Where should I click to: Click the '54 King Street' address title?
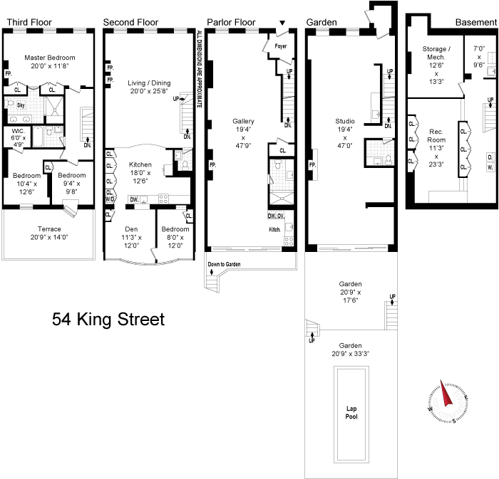click(x=108, y=320)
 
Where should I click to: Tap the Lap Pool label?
click(x=351, y=412)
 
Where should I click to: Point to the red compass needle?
click(x=446, y=394)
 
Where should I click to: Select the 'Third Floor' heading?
click(x=29, y=22)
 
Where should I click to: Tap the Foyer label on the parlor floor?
click(x=281, y=46)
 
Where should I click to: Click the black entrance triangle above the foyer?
click(x=282, y=23)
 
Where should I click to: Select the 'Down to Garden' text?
click(x=224, y=264)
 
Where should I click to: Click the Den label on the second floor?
click(x=131, y=229)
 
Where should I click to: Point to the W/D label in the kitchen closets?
click(x=110, y=199)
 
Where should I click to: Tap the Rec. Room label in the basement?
click(x=436, y=136)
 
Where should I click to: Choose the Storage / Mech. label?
click(x=436, y=53)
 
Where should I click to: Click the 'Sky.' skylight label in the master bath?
click(x=21, y=105)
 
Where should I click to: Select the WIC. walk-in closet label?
click(x=18, y=131)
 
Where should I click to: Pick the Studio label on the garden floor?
click(x=345, y=121)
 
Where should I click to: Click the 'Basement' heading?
click(x=476, y=22)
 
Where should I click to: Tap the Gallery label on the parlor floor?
click(x=244, y=121)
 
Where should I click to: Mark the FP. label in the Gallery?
click(x=212, y=165)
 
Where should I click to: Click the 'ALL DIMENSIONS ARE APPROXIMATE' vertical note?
click(x=199, y=69)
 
